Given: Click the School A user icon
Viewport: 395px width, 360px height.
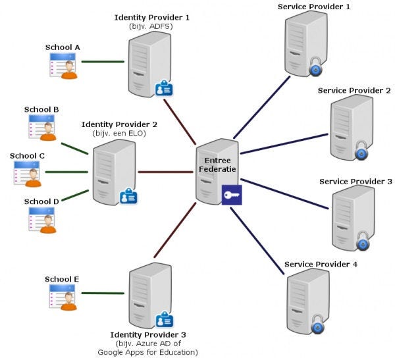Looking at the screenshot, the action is [63, 66].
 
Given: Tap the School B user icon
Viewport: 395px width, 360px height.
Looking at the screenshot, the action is [42, 128].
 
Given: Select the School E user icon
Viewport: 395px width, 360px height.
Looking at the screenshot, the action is [63, 297].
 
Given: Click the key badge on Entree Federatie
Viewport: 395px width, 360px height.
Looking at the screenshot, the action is [232, 195].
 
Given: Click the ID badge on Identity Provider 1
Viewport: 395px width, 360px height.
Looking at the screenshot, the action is [164, 88].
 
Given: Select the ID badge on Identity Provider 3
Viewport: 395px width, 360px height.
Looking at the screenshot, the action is [165, 319].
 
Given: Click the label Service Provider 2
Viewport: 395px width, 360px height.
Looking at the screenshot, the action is [354, 90].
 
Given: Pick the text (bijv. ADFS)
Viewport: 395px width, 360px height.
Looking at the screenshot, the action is [151, 26].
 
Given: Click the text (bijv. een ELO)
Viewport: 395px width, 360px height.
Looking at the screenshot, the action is [119, 133].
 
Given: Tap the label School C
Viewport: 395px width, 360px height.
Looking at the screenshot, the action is [27, 156].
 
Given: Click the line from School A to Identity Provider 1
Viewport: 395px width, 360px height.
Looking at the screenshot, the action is [103, 61].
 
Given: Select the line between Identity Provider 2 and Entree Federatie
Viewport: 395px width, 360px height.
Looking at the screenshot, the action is [165, 172].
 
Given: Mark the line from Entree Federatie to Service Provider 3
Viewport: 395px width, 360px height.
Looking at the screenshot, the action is [284, 193].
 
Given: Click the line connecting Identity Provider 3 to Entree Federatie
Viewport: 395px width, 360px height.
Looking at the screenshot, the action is [175, 230].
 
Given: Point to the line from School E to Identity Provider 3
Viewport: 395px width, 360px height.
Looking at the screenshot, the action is [103, 294].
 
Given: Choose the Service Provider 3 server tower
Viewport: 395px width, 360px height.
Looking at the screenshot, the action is [353, 218].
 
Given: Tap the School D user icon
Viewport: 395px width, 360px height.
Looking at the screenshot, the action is [42, 220].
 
